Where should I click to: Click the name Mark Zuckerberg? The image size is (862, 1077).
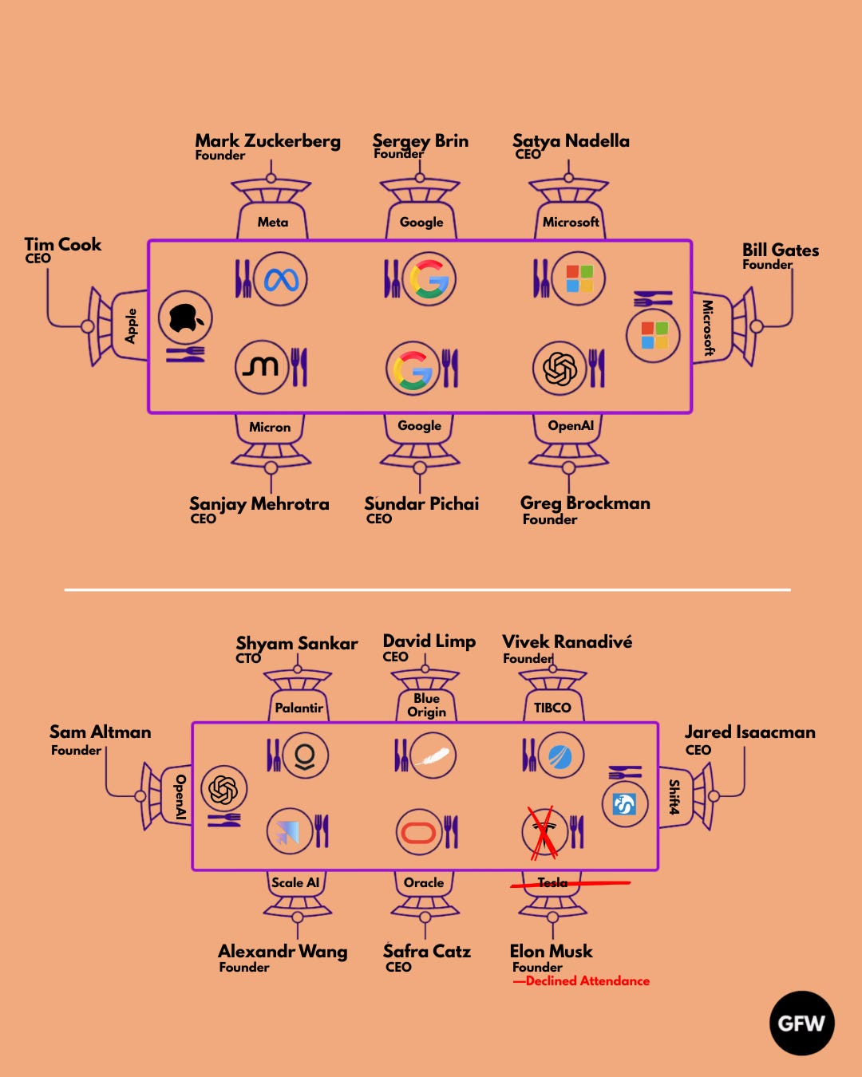point(267,141)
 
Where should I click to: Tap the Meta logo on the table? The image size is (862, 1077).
point(281,279)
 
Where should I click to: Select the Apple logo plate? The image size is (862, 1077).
point(185,318)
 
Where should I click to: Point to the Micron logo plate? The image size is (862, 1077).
point(261,367)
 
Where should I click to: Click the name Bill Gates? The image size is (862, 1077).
point(780,251)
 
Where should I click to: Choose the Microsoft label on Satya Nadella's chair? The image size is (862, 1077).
point(571,223)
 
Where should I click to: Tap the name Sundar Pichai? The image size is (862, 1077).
point(421,503)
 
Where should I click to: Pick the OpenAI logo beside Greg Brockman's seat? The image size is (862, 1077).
point(560,368)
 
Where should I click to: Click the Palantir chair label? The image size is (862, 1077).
point(299,708)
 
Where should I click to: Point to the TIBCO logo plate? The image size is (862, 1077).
point(560,755)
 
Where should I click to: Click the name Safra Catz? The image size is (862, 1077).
point(427,951)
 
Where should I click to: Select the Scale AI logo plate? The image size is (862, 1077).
point(289,831)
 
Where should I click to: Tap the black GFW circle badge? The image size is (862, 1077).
point(801,1023)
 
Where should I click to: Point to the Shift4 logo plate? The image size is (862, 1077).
point(624,804)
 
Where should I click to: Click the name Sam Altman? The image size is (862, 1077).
point(100,732)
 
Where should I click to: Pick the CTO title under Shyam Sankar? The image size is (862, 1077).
point(248,658)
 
